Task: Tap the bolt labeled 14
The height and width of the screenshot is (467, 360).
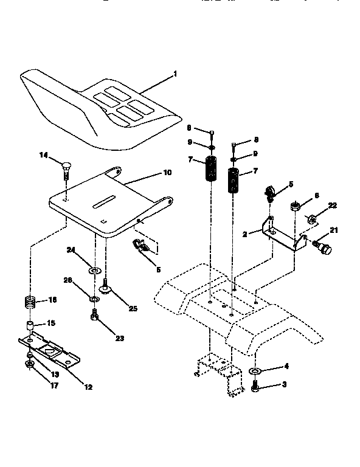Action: click(66, 165)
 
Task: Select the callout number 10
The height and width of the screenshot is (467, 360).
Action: click(167, 173)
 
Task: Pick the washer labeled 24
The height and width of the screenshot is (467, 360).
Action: click(95, 269)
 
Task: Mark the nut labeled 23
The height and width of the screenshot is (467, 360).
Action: click(95, 316)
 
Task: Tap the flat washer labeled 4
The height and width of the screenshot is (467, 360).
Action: click(254, 370)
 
